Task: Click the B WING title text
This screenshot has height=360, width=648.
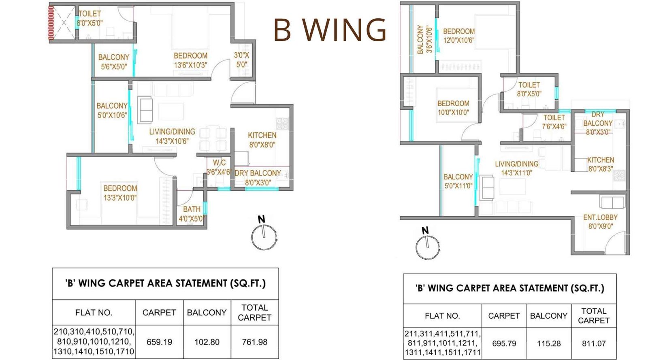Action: (330, 30)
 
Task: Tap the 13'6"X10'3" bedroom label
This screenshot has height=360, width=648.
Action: (190, 60)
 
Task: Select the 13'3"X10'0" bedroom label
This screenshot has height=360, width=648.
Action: (120, 193)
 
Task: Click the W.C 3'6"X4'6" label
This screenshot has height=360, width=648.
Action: (219, 167)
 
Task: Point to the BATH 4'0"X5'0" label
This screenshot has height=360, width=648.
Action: (192, 214)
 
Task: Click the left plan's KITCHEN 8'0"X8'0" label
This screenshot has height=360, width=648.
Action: (262, 140)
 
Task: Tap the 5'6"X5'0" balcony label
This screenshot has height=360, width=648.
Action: (113, 62)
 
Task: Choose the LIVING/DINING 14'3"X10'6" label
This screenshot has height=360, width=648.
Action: (172, 136)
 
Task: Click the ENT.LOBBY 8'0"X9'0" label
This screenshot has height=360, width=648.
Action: (600, 222)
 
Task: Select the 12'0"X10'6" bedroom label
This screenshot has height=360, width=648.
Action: (458, 36)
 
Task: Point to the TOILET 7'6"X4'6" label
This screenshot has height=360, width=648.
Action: (554, 122)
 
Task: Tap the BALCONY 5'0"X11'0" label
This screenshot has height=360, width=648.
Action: (458, 181)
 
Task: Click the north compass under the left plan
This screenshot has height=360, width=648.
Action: (264, 237)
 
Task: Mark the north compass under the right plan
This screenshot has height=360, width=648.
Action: (427, 246)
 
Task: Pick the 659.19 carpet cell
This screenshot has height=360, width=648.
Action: (159, 342)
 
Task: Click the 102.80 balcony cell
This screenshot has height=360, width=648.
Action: (207, 342)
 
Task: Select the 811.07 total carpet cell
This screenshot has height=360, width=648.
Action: (594, 343)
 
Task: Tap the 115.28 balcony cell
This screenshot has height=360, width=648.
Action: (549, 343)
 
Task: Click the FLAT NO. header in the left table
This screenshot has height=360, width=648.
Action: (94, 312)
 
